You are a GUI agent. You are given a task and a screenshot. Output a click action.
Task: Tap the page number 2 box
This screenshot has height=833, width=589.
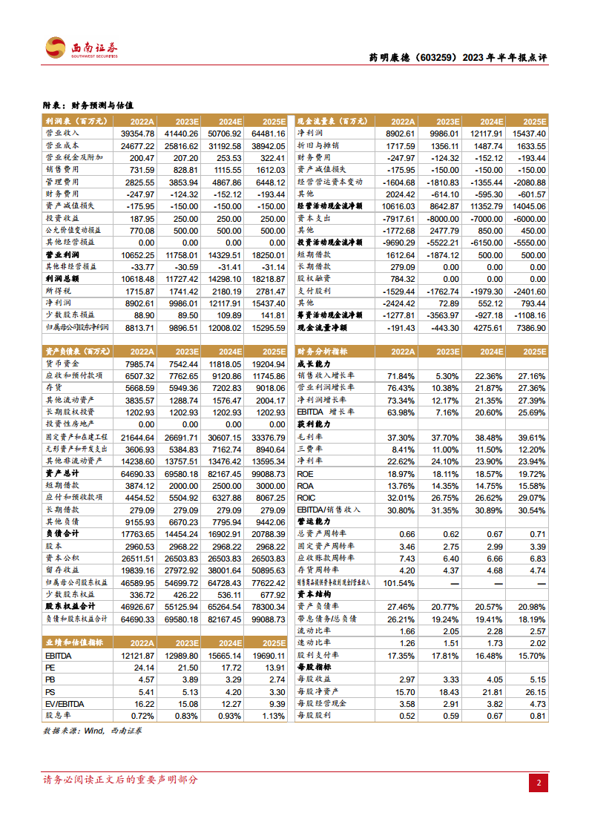[539, 783]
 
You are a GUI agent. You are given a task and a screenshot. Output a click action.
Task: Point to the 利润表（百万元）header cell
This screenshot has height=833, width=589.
[73, 121]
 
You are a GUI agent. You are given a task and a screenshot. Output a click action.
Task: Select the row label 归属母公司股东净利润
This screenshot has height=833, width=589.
[78, 326]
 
